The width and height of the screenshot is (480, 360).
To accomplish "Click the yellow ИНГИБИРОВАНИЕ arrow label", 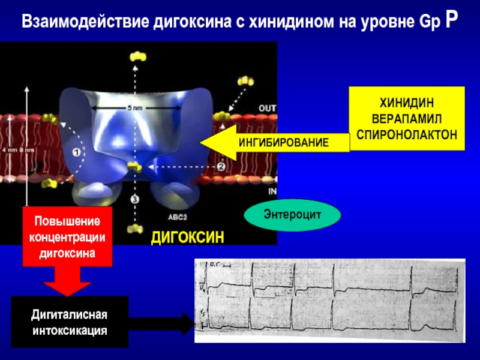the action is pos(283,143).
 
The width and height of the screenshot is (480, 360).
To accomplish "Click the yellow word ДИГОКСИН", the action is pos(187,238).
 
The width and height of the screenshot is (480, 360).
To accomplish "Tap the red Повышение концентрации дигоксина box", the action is pos(68,236).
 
